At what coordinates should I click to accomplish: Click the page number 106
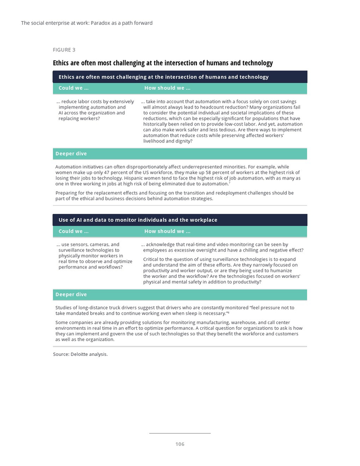pos(179,444)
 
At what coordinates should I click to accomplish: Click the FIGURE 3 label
pos(64,50)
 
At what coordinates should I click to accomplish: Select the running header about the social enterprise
pos(87,23)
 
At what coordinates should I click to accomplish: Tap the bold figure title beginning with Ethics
pos(163,63)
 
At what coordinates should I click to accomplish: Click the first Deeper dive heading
pos(71,154)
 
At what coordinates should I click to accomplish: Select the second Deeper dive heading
pos(71,294)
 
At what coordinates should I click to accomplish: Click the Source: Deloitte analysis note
pos(80,354)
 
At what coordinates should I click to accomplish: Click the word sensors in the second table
pos(84,245)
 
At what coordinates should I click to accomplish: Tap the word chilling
pos(263,250)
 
